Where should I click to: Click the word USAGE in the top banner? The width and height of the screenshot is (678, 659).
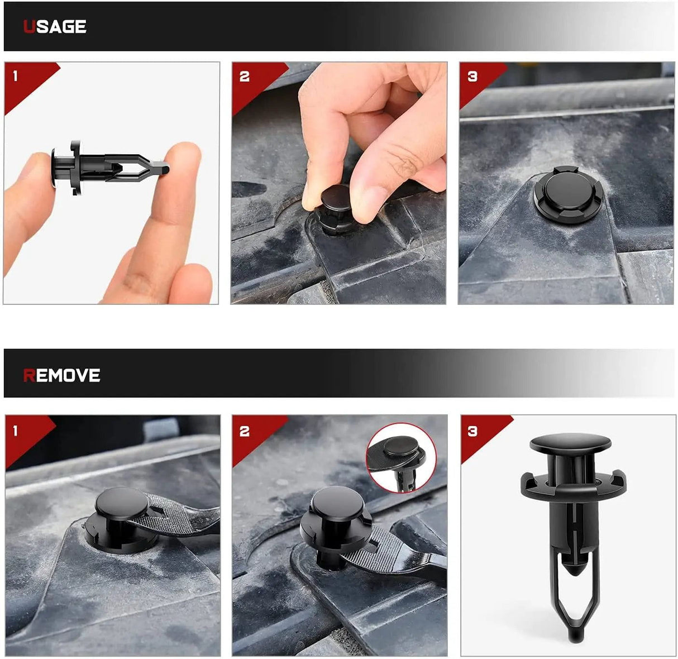click(x=55, y=27)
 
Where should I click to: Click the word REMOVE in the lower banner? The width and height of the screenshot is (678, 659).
click(x=61, y=375)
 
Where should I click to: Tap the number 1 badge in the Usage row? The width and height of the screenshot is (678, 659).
click(x=16, y=76)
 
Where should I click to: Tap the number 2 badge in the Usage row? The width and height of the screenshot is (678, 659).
click(x=245, y=77)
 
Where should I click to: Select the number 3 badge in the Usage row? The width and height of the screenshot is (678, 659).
click(x=472, y=77)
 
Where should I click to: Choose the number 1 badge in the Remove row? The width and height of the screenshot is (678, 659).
click(x=16, y=431)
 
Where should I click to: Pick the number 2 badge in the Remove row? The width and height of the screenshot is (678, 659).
click(x=245, y=432)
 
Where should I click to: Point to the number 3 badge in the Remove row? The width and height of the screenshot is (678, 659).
click(x=472, y=432)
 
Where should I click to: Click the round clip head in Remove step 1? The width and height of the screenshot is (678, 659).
click(x=121, y=502)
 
